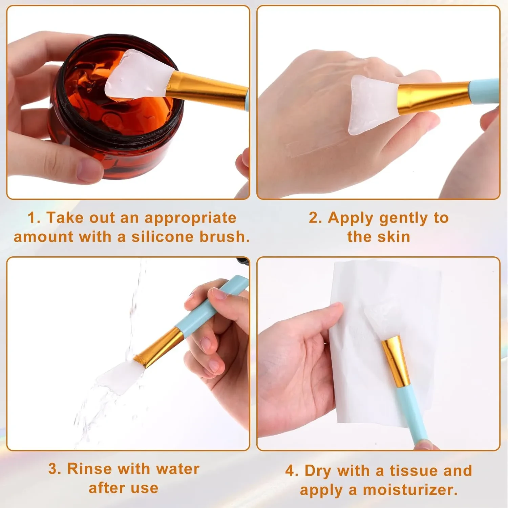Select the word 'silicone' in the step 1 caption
click(x=162, y=237)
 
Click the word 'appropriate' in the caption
click(x=190, y=218)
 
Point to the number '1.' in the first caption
click(x=34, y=218)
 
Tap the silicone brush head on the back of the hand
click(x=373, y=103)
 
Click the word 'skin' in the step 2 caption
click(x=393, y=237)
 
